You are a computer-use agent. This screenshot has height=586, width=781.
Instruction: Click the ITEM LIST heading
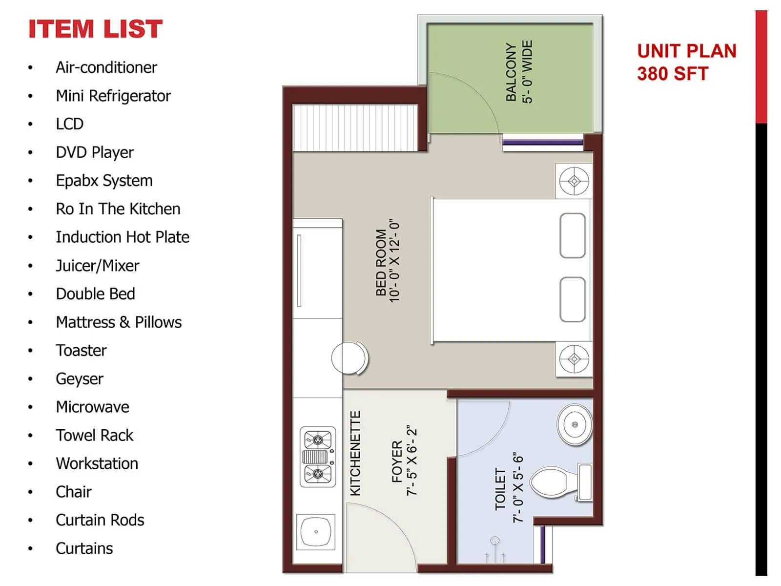coord(95,29)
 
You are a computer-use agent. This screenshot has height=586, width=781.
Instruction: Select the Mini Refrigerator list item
coord(113,96)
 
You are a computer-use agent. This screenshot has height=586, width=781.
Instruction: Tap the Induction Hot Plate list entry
coord(123,237)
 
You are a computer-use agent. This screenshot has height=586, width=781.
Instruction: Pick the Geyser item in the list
coord(80,378)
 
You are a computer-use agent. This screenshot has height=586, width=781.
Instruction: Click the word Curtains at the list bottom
coord(84,548)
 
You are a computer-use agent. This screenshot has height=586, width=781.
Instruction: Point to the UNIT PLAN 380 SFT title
coord(686,62)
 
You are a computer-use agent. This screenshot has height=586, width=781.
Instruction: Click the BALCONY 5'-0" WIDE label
coord(519,72)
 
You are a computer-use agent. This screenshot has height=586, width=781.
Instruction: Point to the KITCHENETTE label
coord(355,453)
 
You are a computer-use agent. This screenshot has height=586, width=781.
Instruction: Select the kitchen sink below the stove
coord(316,531)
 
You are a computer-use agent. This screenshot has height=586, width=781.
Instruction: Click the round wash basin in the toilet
coord(575,424)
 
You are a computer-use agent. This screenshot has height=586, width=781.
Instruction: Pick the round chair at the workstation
coord(349,358)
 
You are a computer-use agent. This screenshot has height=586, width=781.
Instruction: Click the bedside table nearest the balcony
coord(574,181)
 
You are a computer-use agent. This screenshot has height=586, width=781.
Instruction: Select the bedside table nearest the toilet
coord(574,359)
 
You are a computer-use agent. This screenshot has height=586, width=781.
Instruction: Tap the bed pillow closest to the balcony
coord(573,235)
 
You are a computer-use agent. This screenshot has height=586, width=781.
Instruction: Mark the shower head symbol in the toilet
coord(495,541)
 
